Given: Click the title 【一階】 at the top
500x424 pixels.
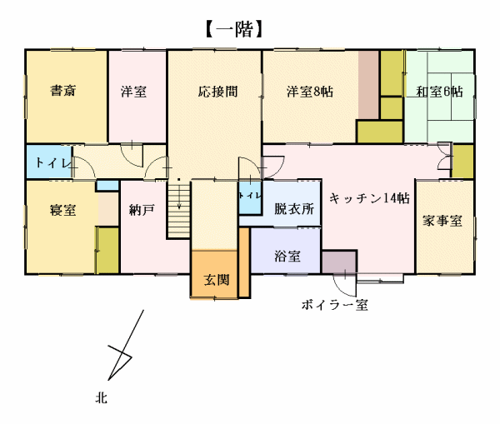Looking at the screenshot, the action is [234, 29].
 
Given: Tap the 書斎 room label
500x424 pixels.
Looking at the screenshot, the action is [63, 91].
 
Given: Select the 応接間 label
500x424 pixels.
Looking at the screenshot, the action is [217, 92].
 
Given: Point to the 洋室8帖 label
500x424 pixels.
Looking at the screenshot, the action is [310, 92].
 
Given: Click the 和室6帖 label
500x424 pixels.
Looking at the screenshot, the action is [439, 92].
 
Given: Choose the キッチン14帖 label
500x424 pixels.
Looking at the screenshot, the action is [369, 198].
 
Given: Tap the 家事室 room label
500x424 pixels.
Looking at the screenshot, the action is [442, 221].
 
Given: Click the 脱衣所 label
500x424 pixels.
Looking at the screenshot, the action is [294, 209].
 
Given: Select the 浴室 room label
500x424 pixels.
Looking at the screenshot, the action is [287, 256].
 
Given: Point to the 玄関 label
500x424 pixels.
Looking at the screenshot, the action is [217, 280].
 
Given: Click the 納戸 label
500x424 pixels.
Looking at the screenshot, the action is [142, 210].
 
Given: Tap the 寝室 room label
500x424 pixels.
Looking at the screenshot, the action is [63, 210].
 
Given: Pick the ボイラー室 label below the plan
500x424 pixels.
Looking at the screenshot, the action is [335, 305].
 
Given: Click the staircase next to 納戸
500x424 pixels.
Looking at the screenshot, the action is [178, 209].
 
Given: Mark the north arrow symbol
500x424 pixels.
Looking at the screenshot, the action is [125, 345].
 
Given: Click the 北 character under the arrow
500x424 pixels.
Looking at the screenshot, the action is [101, 398].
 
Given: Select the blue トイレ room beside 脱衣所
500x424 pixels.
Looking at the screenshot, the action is [250, 197].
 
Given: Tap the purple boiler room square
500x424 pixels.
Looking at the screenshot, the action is [339, 262].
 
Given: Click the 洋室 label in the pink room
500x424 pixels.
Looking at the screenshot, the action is [133, 92].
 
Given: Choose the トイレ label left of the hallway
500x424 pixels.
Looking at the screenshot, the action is [52, 162].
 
